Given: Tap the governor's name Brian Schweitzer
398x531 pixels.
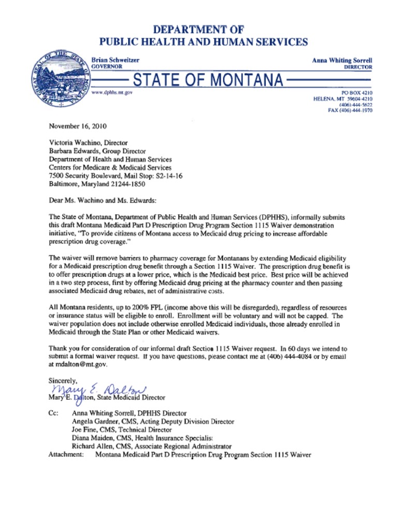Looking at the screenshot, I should pos(115,60).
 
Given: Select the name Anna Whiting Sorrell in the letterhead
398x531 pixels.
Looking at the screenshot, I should pos(342,61).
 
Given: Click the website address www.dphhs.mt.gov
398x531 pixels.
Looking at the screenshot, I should pos(112,92).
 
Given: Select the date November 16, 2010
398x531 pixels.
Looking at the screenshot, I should pos(77,126).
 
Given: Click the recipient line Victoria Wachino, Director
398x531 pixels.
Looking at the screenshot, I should pos(88,143).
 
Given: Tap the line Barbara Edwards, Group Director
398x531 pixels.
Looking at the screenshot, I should pos(97,151).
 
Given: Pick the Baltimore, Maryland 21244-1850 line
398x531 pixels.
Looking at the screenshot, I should pos(97,184).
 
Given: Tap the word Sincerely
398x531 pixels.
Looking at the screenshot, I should pos(63,381).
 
